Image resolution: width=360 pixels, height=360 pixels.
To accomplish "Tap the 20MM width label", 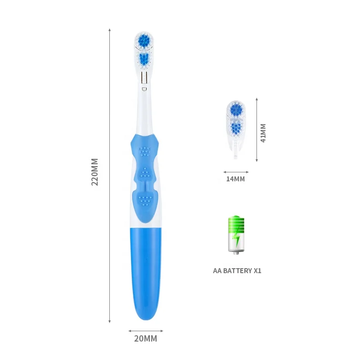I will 146,339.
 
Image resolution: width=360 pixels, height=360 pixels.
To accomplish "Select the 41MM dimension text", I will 264,133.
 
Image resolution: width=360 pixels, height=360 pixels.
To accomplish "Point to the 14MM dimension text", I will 235,179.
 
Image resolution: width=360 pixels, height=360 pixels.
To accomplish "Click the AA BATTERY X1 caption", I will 237,271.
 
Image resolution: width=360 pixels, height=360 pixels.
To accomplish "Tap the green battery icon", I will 236,234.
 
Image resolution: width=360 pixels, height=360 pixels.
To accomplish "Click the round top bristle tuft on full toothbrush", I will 144,41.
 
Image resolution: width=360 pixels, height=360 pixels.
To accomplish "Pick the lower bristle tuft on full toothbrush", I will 144,58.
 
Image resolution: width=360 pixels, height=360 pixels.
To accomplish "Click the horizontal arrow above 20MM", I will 146,331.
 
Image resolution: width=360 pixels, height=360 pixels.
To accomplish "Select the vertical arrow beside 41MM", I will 256,130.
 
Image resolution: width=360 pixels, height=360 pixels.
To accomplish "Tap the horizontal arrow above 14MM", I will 236,171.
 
